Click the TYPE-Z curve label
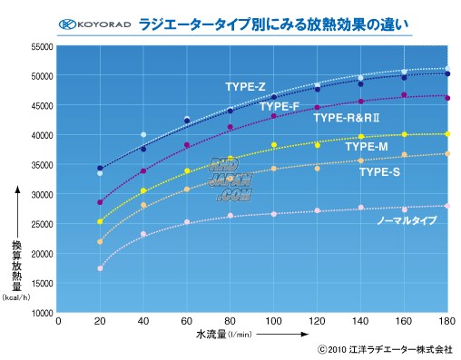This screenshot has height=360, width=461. tap(245, 87)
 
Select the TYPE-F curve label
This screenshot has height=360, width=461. tap(280, 106)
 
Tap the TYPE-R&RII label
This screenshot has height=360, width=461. tap(346, 118)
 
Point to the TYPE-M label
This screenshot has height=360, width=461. tap(367, 146)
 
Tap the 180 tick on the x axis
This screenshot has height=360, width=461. tap(445, 322)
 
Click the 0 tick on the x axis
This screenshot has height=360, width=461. tap(58, 322)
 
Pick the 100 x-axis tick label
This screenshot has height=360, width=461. tap(272, 322)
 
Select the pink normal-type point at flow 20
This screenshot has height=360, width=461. tap(100, 268)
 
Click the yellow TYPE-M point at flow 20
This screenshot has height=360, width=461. tap(100, 221)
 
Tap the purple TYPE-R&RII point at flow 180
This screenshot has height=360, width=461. tap(446, 97)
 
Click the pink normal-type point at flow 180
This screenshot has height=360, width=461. tap(446, 207)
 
